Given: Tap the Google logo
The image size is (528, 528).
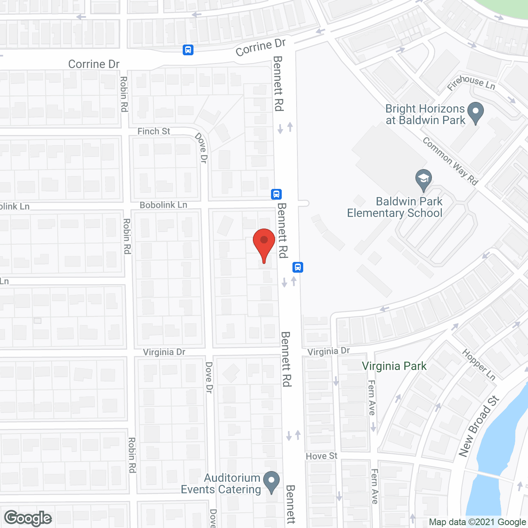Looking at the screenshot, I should [28, 518].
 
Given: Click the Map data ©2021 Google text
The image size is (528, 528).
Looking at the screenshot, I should [477, 522].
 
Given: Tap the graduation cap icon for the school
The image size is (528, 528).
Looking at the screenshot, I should [423, 180].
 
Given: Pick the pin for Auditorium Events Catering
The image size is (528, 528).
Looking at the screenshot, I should [271, 481].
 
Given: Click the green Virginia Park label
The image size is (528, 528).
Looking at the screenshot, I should [394, 366].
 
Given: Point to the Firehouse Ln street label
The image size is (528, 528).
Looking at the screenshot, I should [471, 82].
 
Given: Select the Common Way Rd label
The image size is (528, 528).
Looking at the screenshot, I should [450, 161].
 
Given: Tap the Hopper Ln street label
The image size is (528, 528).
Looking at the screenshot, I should [478, 365].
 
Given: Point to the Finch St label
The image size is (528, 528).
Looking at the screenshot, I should [153, 131].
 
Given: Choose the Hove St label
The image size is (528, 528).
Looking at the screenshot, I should [321, 456].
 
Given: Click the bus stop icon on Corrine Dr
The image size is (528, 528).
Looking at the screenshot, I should [188, 50].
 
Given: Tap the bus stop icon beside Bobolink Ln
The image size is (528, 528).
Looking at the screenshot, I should [276, 194].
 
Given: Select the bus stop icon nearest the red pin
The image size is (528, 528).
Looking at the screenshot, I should [298, 267].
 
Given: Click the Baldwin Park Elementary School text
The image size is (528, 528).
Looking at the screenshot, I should [395, 207].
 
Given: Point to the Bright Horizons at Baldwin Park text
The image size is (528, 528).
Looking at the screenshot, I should [425, 114].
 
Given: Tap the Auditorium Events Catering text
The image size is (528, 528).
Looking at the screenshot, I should [221, 483].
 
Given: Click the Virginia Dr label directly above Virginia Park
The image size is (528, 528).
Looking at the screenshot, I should [329, 351].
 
